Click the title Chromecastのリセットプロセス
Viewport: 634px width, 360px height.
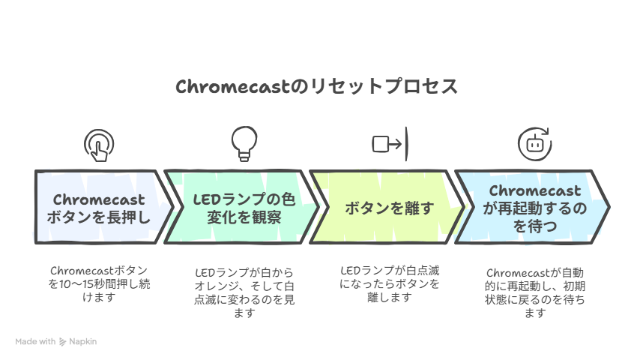316,87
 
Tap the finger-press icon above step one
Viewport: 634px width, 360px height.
99,144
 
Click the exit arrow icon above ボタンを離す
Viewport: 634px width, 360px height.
390,143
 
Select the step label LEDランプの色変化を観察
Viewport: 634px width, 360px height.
244,208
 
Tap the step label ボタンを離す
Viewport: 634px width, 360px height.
389,208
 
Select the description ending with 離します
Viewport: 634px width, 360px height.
390,283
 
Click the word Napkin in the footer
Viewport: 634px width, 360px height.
83,341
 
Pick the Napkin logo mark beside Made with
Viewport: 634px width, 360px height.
63,341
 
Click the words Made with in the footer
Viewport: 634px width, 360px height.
35,341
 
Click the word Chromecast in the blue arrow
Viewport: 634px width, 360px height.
534,191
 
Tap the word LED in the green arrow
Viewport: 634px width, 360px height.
205,200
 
